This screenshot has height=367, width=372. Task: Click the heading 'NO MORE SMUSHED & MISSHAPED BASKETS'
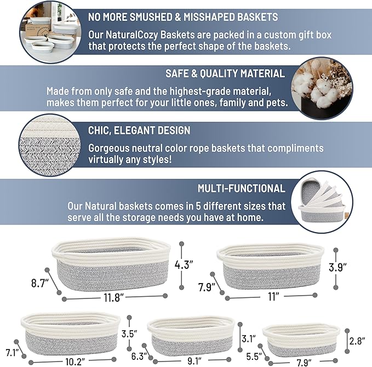coord(183,17)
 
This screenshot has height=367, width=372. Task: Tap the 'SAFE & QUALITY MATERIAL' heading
coord(225,74)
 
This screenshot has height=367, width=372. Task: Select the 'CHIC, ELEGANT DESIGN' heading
coord(139,131)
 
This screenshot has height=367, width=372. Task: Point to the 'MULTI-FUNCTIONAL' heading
coord(242,189)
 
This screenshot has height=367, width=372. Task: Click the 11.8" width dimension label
coord(112,297)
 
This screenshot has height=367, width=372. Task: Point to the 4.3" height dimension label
coord(185,264)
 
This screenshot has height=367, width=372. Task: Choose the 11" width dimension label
coord(274,297)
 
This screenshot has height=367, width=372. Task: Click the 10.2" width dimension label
coord(75,362)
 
